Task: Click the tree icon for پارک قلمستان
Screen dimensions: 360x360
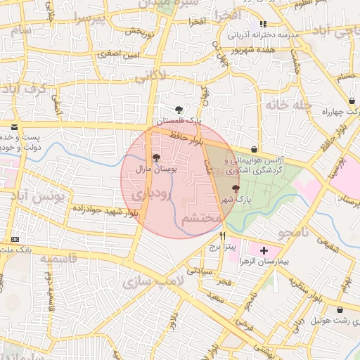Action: pos(179,110)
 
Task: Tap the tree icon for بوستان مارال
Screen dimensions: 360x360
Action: pos(155,158)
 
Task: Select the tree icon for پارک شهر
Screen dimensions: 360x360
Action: pos(235,188)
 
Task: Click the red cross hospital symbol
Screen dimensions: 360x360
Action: pos(264,250)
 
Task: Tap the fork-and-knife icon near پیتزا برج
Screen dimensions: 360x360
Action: pos(223,236)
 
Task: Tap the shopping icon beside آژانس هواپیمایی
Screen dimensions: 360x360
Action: pos(253,150)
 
